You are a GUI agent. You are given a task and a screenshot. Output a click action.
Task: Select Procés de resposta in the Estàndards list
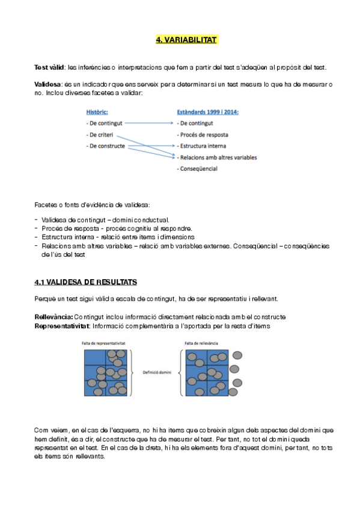pyautogui.click(x=203, y=135)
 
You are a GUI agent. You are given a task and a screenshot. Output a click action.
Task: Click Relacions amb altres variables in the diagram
pyautogui.click(x=218, y=158)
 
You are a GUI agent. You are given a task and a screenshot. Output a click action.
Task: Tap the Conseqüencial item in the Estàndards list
pyautogui.click(x=198, y=169)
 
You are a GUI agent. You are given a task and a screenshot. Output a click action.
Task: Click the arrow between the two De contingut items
pyautogui.click(x=151, y=123)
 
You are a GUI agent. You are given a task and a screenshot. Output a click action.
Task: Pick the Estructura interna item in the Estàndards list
pyautogui.click(x=203, y=146)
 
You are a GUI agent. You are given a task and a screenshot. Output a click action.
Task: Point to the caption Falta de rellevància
pyautogui.click(x=201, y=343)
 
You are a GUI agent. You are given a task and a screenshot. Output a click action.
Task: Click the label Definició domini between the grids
pyautogui.click(x=157, y=373)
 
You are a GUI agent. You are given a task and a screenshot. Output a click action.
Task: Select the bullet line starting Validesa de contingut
pyautogui.click(x=106, y=220)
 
